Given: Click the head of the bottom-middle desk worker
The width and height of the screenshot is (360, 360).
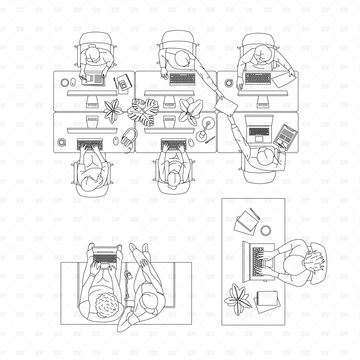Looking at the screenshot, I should (x=176, y=180).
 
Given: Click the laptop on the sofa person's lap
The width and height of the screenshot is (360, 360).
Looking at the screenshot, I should (x=104, y=259).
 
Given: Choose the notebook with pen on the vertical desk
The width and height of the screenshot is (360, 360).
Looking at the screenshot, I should (x=247, y=220).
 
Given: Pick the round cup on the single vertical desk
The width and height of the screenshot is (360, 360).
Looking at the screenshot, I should (x=266, y=297).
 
